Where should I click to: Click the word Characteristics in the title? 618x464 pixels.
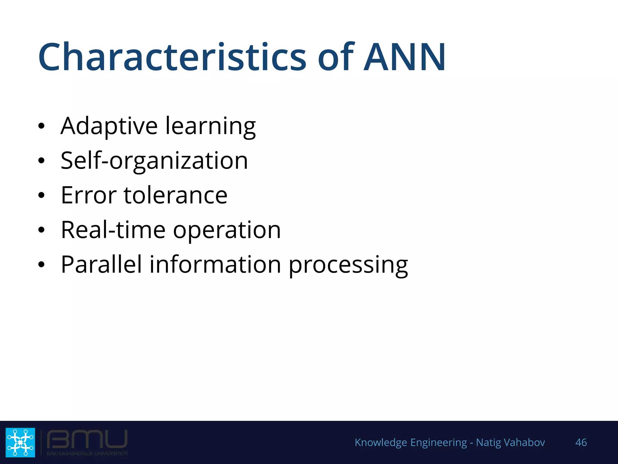(172, 57)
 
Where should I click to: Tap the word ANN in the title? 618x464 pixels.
(404, 57)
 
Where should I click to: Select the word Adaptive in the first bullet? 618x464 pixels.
(109, 126)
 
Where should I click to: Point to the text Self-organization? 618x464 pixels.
(154, 161)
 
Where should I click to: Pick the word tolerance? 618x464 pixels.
(175, 195)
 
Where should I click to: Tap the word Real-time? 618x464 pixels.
(113, 230)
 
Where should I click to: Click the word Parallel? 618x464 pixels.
(101, 264)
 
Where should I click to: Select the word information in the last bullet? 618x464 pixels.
(215, 264)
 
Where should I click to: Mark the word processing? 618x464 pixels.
(348, 266)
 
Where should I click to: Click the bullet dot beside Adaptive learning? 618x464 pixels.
(41, 126)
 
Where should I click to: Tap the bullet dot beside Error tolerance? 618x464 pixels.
(41, 195)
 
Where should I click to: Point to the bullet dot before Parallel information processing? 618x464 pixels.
(41, 265)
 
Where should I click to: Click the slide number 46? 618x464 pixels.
(581, 442)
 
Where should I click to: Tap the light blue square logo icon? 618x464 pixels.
(20, 442)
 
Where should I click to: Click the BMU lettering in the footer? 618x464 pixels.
(87, 440)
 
